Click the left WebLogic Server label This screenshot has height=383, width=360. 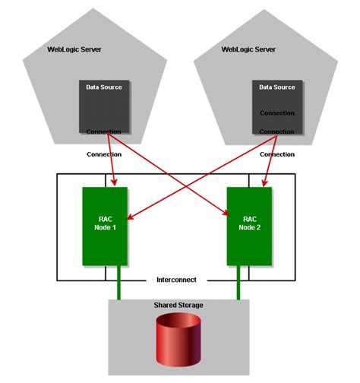(x=74, y=49)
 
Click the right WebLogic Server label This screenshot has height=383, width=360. (x=248, y=49)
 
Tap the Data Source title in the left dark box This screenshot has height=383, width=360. (x=104, y=87)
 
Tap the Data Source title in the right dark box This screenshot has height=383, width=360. (x=276, y=87)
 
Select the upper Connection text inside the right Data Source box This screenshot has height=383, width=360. (x=276, y=113)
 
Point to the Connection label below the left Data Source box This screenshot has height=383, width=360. (x=104, y=154)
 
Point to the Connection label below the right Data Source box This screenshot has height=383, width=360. (x=276, y=154)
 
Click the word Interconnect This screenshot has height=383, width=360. (x=177, y=280)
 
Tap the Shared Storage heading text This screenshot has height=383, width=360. (x=178, y=305)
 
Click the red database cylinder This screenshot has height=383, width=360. (x=178, y=341)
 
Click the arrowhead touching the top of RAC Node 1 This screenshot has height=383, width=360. (x=114, y=182)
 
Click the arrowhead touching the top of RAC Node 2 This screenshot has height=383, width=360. (x=264, y=182)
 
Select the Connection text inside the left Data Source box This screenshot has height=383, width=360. (x=104, y=131)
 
